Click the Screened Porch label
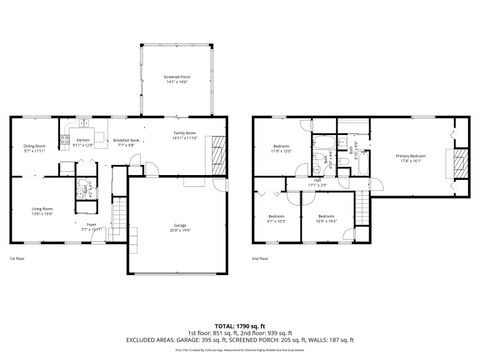176,78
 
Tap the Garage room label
179,227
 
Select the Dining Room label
36,148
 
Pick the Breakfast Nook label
126,142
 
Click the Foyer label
90,227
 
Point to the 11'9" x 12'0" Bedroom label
281,150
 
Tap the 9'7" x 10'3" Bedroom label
276,218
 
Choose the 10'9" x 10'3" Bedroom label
326,218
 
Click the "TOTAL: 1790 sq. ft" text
240,326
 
